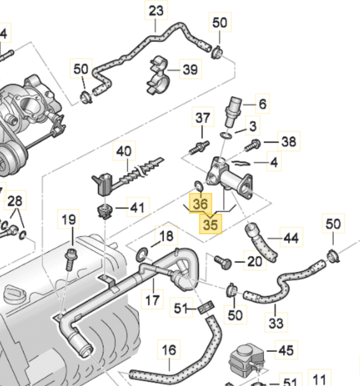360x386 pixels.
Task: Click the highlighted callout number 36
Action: click(x=199, y=204)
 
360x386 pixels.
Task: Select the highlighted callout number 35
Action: click(x=211, y=225)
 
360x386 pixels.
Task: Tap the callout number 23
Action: click(x=156, y=10)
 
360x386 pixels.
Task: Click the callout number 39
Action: click(x=190, y=69)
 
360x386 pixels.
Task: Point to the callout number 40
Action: click(x=124, y=150)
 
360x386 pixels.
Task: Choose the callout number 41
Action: click(x=137, y=207)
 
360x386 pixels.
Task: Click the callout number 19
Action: click(x=69, y=219)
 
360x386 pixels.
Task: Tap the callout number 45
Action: click(x=285, y=350)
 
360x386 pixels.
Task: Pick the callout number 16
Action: click(x=169, y=350)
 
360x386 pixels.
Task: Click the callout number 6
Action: click(x=262, y=104)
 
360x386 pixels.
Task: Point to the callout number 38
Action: click(x=288, y=142)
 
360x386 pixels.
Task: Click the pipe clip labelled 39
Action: click(x=157, y=75)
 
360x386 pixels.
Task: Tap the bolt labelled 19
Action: click(x=70, y=257)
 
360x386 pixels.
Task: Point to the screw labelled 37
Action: click(x=200, y=148)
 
